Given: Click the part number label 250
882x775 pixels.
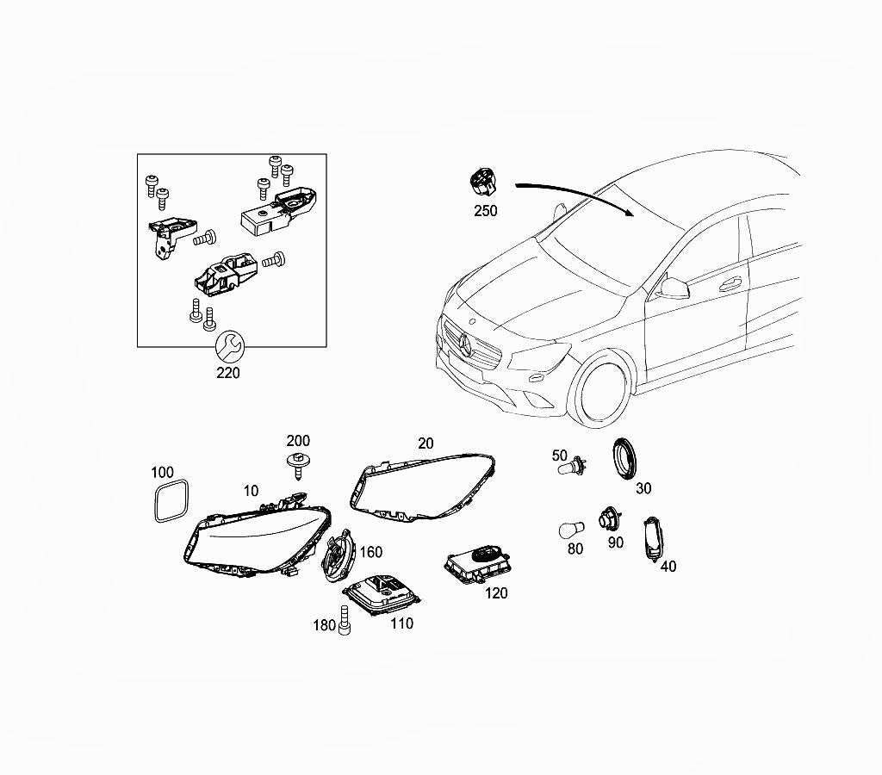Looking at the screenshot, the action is click(x=486, y=210).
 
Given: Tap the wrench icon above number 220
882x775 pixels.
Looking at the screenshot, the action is click(x=229, y=344).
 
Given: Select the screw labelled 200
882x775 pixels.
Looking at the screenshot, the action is click(x=298, y=465).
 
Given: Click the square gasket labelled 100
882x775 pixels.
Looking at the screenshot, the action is click(x=171, y=500).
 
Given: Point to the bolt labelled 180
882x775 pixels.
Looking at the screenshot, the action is click(x=345, y=621).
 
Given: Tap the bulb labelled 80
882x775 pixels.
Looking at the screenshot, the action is click(x=572, y=530).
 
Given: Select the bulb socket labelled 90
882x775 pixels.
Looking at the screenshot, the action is click(x=609, y=518).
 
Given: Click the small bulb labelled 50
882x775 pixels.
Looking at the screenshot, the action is click(x=571, y=467).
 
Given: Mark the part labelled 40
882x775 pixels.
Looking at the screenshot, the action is click(x=652, y=537).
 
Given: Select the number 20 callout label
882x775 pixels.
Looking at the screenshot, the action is click(x=425, y=443).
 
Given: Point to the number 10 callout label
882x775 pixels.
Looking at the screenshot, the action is click(x=251, y=491).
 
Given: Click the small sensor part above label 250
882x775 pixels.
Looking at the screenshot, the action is click(x=482, y=181).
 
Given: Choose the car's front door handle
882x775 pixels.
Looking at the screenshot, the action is click(x=731, y=283).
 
